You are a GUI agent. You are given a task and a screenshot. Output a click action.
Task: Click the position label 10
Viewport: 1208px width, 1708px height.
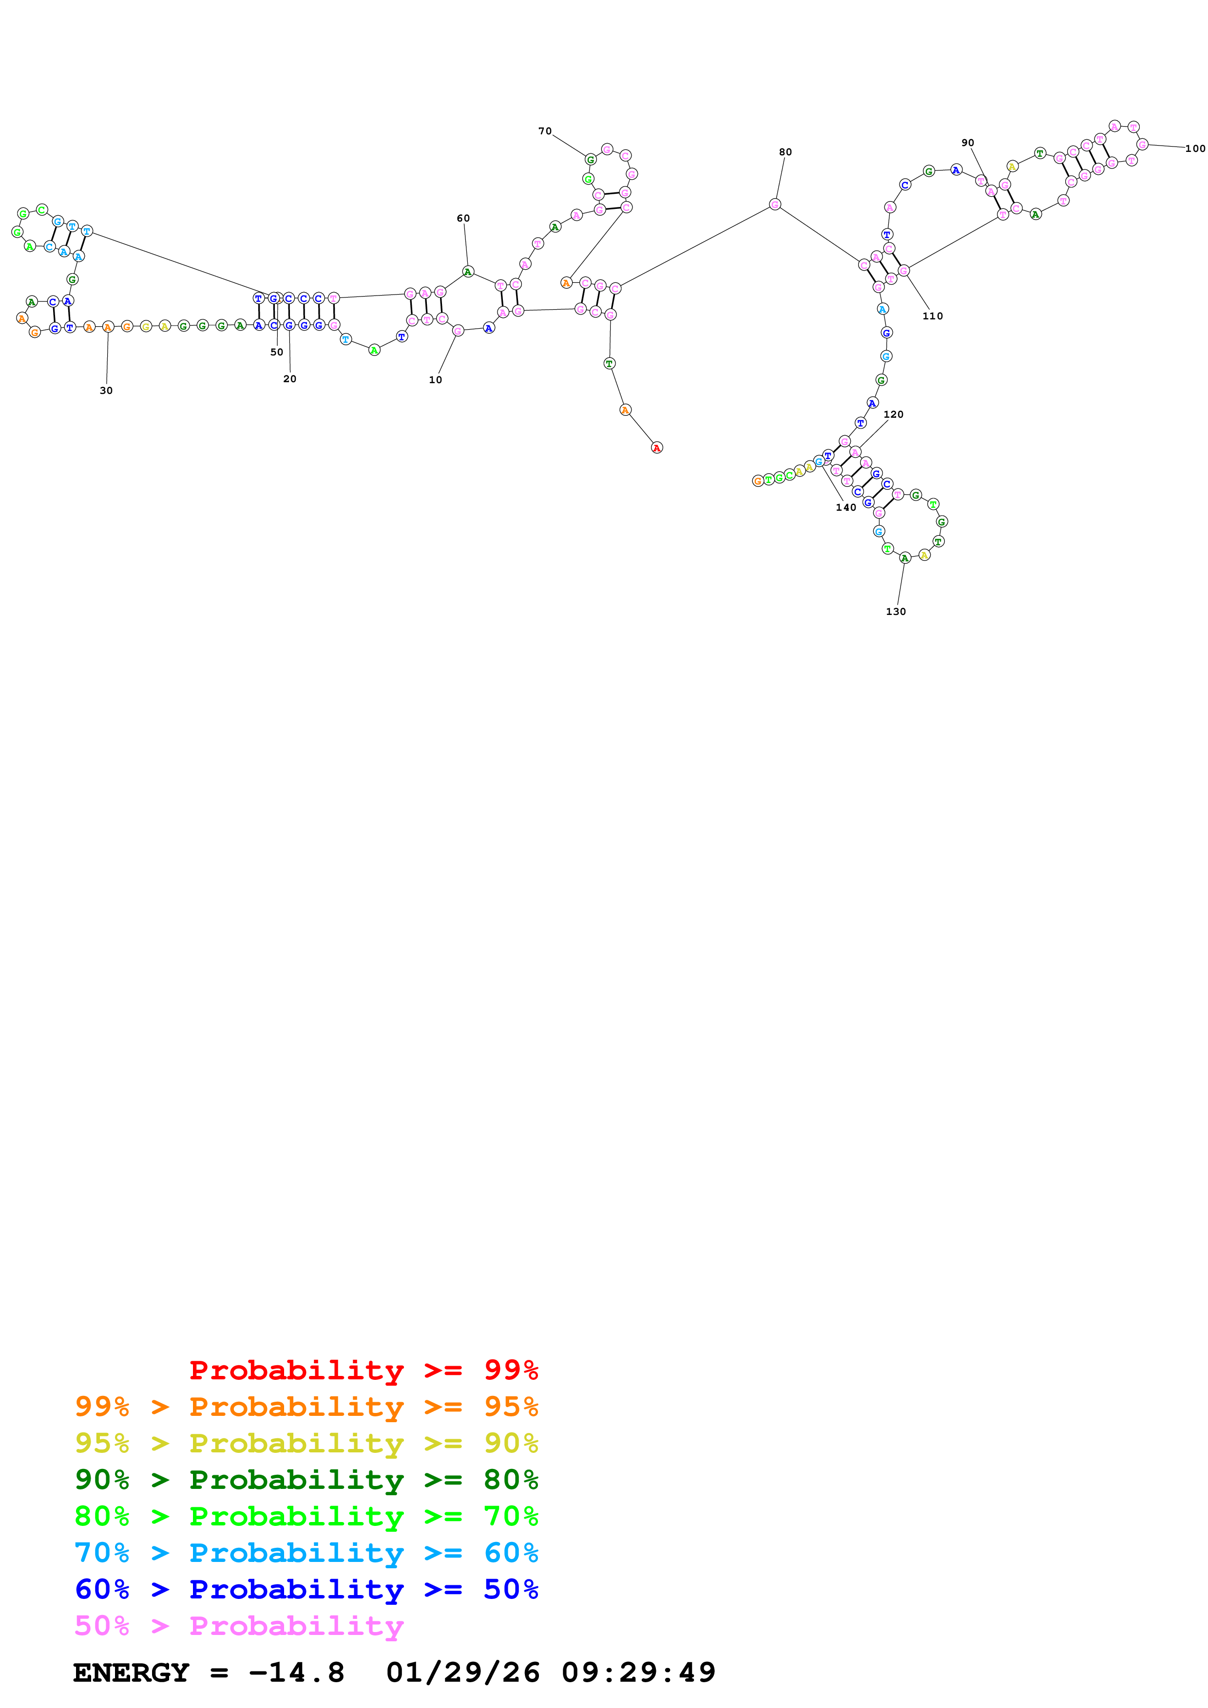[436, 380]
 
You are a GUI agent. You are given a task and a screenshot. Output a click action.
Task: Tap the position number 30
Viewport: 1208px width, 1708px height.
[106, 390]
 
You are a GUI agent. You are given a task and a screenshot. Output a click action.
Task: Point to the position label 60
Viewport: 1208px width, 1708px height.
[463, 219]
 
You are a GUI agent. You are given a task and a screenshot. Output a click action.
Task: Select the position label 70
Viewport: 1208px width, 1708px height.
[545, 131]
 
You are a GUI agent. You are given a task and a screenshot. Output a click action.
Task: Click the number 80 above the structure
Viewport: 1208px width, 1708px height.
[785, 152]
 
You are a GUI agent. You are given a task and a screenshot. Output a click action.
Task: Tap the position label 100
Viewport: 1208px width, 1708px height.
[1195, 149]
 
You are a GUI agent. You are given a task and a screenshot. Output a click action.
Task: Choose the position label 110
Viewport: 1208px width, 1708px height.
[933, 316]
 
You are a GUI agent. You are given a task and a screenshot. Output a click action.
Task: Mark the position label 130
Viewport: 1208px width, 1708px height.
[895, 612]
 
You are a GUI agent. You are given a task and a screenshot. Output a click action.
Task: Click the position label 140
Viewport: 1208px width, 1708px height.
[845, 507]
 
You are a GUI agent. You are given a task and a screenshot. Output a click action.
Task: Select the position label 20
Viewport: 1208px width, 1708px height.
[289, 379]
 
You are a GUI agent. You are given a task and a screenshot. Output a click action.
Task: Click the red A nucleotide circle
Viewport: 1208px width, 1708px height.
[656, 448]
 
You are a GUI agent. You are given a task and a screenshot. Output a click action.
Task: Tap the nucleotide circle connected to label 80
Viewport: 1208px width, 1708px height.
[775, 204]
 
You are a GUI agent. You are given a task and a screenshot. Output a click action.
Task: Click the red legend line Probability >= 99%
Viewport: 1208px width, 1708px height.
[363, 1370]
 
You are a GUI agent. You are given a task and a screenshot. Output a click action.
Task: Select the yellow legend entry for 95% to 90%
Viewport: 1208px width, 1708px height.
[306, 1443]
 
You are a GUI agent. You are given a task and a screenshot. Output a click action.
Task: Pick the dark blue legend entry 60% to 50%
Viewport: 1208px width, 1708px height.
[306, 1589]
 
